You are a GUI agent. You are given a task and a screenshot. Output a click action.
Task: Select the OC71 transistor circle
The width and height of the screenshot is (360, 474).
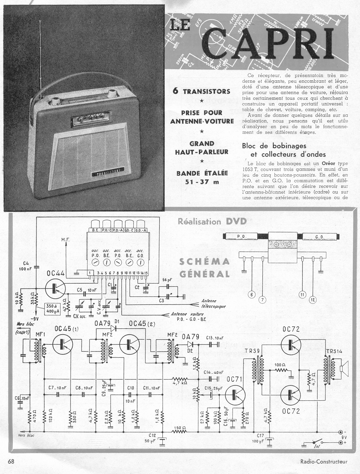point(235,395)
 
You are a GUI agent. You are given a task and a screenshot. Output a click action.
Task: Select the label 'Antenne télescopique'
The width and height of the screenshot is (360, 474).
point(213,303)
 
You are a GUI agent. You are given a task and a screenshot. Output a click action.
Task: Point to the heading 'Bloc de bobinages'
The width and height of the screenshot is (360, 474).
point(274,146)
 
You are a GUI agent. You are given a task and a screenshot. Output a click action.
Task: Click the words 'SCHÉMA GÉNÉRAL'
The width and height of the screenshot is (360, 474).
point(204,267)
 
